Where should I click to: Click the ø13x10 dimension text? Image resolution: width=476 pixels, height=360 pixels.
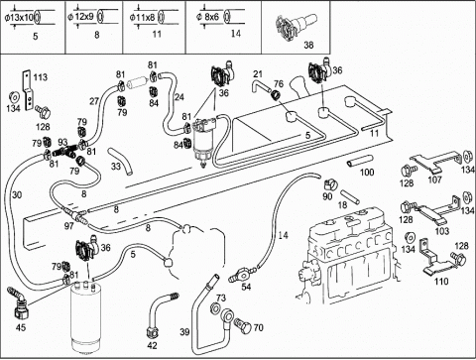(x=20, y=17)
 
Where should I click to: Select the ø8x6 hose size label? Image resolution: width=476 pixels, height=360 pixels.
(x=207, y=17)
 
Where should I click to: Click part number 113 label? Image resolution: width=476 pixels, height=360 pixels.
(x=41, y=77)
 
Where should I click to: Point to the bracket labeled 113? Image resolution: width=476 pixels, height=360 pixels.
(x=28, y=90)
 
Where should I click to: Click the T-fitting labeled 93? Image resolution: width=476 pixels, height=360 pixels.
(x=66, y=151)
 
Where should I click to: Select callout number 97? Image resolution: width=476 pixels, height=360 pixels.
(x=69, y=226)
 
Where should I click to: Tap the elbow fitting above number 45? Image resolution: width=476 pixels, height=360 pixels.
(x=18, y=301)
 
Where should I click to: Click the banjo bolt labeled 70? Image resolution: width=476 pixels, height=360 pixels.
(x=242, y=325)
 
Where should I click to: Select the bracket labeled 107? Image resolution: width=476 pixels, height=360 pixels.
(x=435, y=162)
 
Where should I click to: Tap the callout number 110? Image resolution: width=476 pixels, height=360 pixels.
(x=441, y=282)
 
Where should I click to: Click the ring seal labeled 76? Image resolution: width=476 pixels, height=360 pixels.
(x=276, y=94)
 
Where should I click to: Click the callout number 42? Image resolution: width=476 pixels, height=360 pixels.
(x=152, y=345)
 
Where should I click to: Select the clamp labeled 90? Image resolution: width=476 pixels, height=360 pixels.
(x=330, y=183)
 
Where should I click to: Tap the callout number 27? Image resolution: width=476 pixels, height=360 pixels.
(x=94, y=101)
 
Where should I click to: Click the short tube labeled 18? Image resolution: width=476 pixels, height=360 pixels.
(x=350, y=196)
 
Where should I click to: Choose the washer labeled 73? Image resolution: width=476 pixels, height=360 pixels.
(x=214, y=308)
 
